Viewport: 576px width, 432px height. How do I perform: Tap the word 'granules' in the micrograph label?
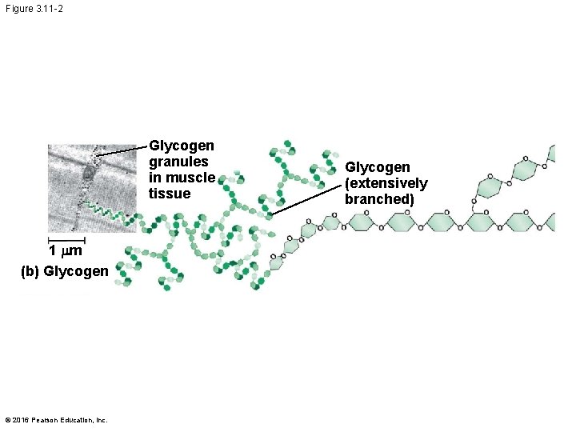178,162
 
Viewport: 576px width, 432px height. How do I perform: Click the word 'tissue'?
170,194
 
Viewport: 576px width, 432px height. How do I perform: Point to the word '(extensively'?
386,184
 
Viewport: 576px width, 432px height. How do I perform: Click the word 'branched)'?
380,199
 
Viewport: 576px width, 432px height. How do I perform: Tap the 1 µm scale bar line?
66,239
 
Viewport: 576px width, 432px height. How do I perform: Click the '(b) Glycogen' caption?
64,271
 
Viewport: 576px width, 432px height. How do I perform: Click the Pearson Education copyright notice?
57,420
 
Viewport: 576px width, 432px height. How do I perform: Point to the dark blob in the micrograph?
87,174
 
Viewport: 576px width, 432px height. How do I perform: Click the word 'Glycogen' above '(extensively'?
378,167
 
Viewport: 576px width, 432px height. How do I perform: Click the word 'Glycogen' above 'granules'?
182,146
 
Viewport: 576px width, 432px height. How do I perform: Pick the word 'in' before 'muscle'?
156,178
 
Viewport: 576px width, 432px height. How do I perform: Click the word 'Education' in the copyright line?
77,420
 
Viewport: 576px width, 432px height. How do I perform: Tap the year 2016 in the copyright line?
19,420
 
